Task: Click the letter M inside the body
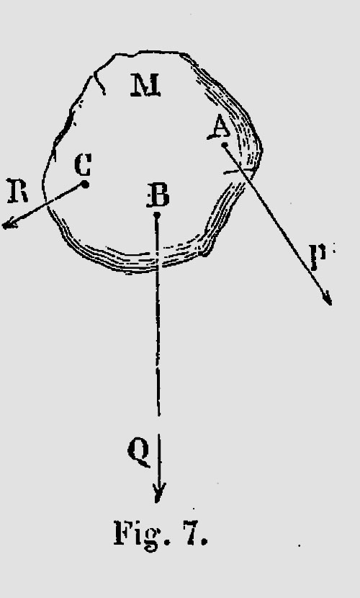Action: click(x=145, y=86)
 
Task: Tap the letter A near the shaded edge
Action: click(x=219, y=128)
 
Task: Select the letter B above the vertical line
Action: click(x=158, y=196)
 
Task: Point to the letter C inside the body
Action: click(x=83, y=164)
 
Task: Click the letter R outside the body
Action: click(x=17, y=191)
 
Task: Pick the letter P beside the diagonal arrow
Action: click(x=318, y=256)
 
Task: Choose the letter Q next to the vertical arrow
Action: click(x=139, y=451)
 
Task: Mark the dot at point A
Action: click(x=225, y=145)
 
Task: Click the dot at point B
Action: click(x=156, y=215)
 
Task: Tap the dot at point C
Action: click(x=86, y=184)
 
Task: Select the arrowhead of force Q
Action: click(x=159, y=493)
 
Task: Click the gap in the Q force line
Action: click(x=159, y=425)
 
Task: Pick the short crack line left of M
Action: click(x=99, y=82)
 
